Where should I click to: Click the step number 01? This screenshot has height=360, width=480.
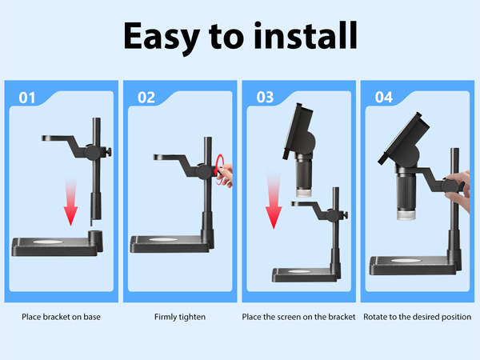coord(27,98)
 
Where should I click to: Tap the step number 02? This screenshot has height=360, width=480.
coord(146,98)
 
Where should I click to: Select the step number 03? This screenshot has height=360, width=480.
coord(265,98)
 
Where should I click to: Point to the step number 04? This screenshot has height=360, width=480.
coord(383,98)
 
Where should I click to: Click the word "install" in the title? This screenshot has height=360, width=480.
coord(306,35)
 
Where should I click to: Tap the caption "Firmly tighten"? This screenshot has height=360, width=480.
coord(180,317)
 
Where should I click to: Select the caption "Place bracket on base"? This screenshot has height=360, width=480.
coord(61,317)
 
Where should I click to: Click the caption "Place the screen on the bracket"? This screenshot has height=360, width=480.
coord(298,317)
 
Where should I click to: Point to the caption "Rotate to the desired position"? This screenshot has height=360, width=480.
coord(418,317)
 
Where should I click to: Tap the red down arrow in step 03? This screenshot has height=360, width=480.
coord(274,199)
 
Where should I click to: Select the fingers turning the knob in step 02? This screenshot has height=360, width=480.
coord(226,175)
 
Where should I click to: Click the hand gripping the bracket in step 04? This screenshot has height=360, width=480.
coord(458,190)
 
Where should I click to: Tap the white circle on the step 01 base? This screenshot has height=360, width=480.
coord(48,242)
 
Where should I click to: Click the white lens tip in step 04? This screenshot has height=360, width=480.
coord(406,214)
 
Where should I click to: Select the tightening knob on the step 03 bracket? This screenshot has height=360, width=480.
coord(346,215)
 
